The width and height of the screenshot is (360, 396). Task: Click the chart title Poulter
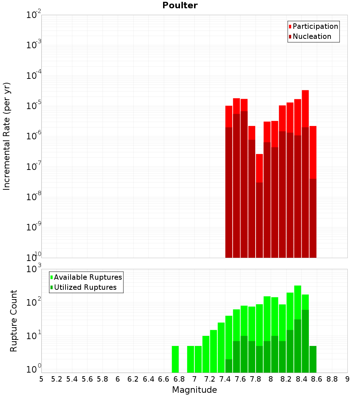coord(180,5)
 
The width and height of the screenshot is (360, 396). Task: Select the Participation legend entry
coord(315,26)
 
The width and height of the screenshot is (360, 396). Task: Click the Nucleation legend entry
coord(312,36)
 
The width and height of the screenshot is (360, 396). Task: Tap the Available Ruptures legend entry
coord(88,277)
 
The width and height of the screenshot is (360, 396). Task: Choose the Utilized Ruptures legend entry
coord(85,287)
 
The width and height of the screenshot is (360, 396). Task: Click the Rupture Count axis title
coord(14,320)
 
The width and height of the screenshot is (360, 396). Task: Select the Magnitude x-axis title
coord(194,390)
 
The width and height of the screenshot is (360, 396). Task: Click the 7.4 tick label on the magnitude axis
coord(225,379)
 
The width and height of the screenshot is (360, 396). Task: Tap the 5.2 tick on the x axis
coord(57,379)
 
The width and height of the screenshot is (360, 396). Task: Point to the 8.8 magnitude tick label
coord(332,379)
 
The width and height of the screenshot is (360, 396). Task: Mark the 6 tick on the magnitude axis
coord(118,379)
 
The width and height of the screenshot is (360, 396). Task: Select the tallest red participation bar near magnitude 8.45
coord(305,108)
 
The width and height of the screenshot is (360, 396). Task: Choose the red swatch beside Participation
coord(290,26)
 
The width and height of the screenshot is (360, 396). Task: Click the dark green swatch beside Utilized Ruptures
coord(51,287)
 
